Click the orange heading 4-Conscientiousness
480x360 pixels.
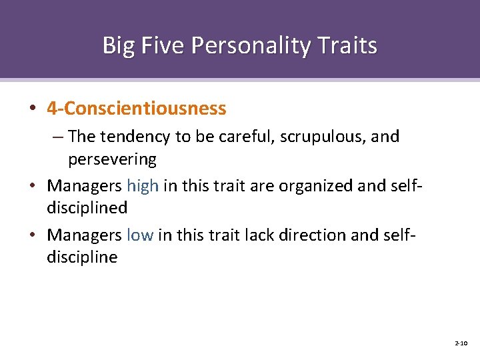click(x=137, y=108)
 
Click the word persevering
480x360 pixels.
click(x=112, y=160)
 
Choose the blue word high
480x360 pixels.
click(x=142, y=185)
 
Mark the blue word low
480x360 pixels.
click(x=140, y=235)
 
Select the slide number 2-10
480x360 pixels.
click(x=461, y=343)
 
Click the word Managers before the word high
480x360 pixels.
click(x=84, y=185)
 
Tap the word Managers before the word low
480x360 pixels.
click(x=84, y=235)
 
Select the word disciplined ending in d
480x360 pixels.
click(x=87, y=207)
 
